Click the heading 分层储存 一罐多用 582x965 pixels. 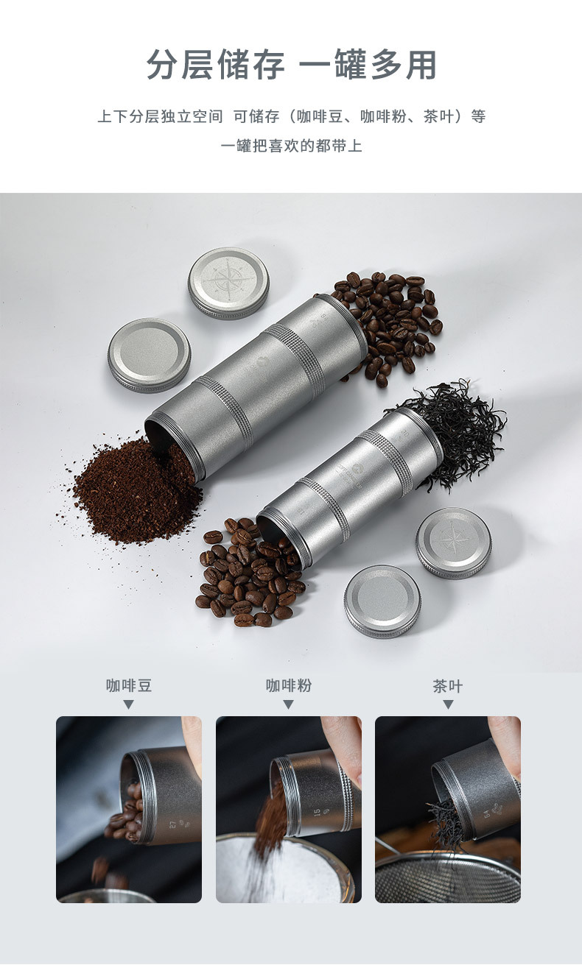(x=291, y=65)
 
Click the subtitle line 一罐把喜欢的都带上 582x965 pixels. (x=291, y=145)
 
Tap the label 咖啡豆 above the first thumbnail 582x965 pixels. (x=129, y=686)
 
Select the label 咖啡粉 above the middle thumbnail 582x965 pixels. (x=289, y=686)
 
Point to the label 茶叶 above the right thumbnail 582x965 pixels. (x=448, y=686)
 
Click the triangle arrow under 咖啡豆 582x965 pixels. (x=129, y=704)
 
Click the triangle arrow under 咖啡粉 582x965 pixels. (x=289, y=704)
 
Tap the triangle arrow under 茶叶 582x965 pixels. (x=448, y=704)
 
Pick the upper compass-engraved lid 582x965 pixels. (x=228, y=282)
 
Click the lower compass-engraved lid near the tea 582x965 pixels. (x=453, y=542)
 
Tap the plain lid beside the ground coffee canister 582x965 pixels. (x=149, y=354)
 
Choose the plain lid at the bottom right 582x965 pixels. (x=382, y=600)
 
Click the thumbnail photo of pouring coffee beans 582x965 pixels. (x=129, y=809)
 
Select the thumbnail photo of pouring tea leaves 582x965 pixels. (x=448, y=809)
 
